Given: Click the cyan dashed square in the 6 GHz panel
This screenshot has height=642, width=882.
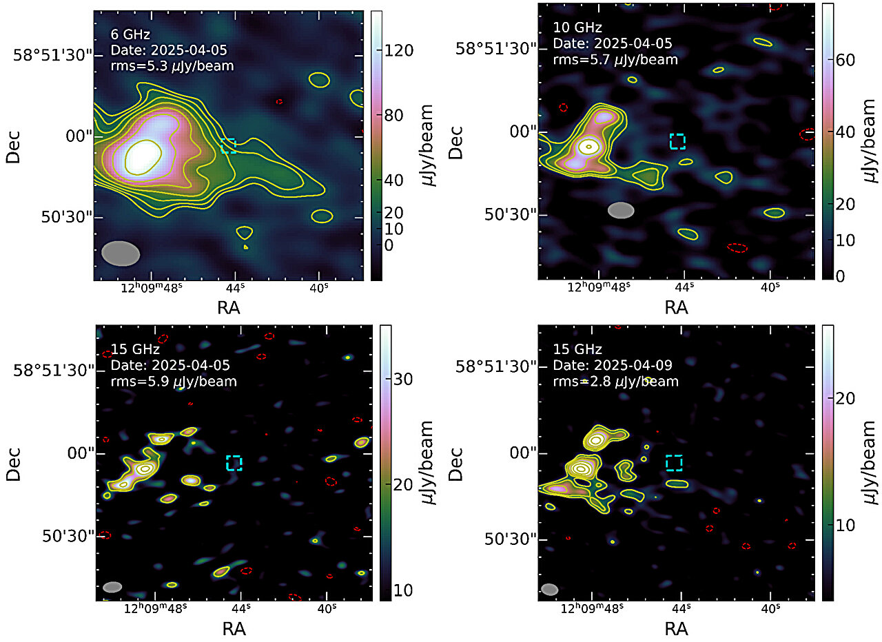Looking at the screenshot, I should pyautogui.click(x=228, y=145).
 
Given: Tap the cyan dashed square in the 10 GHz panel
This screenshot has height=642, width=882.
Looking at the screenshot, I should pyautogui.click(x=678, y=141).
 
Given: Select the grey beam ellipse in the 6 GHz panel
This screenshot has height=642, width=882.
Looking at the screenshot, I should pyautogui.click(x=121, y=253).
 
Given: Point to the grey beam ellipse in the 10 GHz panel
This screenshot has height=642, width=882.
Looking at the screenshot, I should pyautogui.click(x=621, y=210).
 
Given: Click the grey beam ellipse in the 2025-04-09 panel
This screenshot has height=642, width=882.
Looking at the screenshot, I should pyautogui.click(x=549, y=589).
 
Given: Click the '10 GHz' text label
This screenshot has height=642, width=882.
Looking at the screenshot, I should pyautogui.click(x=577, y=28).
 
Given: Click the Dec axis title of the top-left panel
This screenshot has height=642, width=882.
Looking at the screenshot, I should pyautogui.click(x=12, y=144).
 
